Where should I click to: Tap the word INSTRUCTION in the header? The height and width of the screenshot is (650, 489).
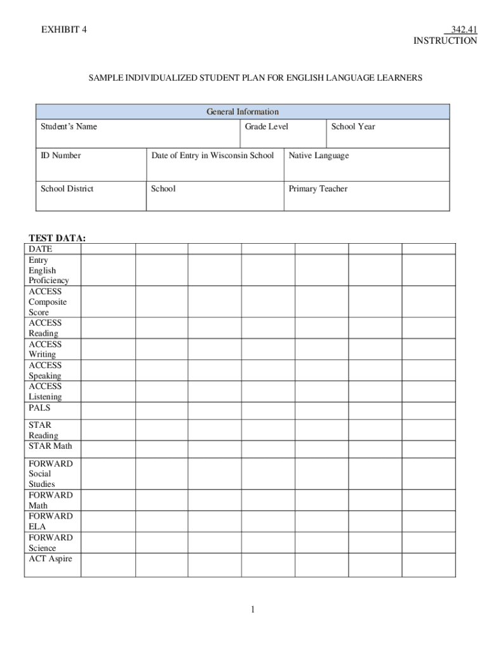(445, 41)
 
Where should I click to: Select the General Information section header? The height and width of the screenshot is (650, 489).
(242, 112)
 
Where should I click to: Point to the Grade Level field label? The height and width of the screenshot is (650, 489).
(266, 126)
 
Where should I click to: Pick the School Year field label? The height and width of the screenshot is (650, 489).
(352, 126)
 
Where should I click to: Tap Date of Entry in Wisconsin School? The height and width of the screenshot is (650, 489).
(212, 156)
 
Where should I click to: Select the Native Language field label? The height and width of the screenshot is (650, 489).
(318, 156)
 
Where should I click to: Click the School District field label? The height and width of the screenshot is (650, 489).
(67, 189)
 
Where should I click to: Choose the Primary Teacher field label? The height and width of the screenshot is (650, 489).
(318, 189)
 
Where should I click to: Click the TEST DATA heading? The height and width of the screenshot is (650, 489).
(57, 238)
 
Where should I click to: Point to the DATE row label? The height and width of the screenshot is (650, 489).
(40, 249)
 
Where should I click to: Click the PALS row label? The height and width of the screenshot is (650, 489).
(39, 408)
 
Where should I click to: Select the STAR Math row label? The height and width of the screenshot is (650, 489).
(50, 446)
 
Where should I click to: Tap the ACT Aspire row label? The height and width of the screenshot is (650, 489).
(50, 559)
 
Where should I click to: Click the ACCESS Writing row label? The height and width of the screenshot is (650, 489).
(44, 349)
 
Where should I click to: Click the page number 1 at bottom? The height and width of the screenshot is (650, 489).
(252, 610)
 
